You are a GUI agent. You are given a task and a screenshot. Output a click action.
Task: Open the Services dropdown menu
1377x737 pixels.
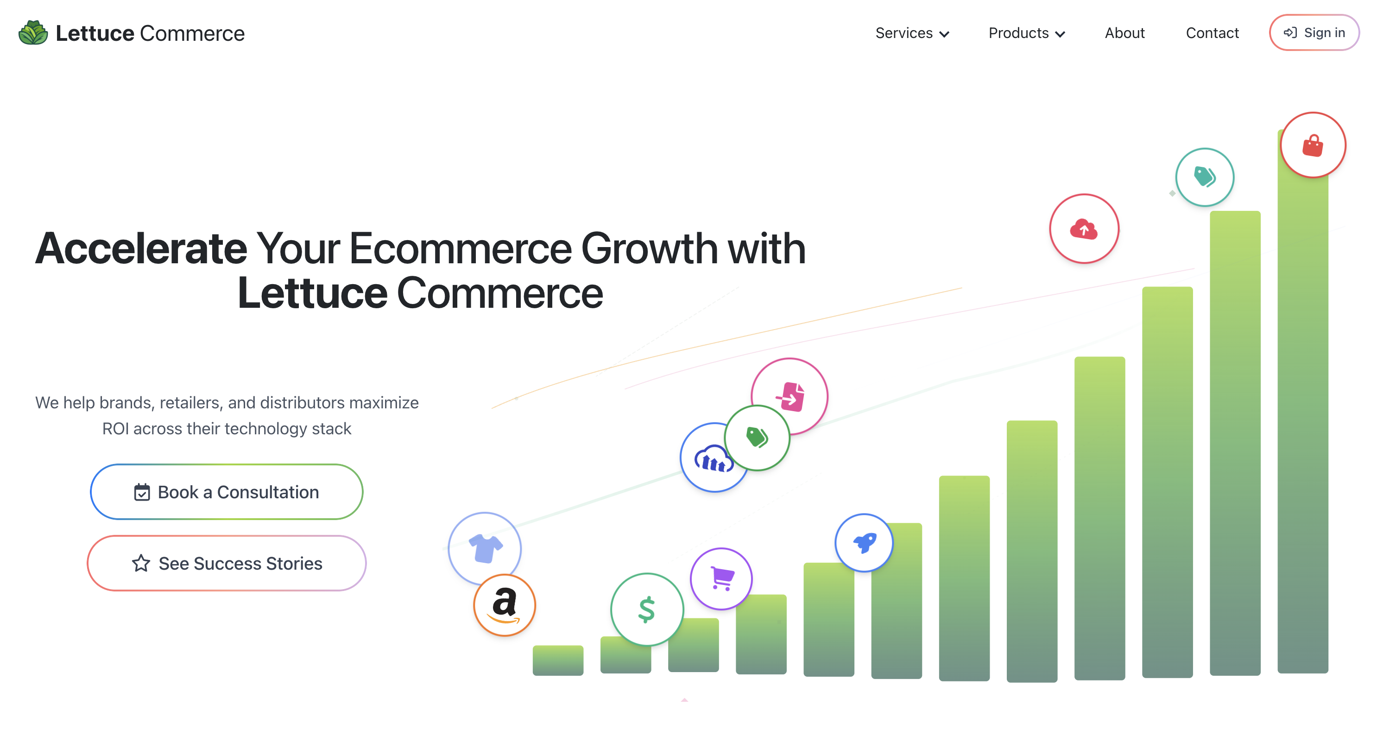tap(911, 33)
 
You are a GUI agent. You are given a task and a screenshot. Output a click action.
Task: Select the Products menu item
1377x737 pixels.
tap(1026, 33)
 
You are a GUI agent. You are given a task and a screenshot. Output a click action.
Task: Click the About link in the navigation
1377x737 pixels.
tap(1124, 33)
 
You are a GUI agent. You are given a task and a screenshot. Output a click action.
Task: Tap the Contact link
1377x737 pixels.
tap(1212, 33)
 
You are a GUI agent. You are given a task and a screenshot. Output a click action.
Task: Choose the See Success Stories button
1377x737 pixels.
tap(227, 563)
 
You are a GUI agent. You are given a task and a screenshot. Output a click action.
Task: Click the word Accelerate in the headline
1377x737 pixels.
tap(141, 249)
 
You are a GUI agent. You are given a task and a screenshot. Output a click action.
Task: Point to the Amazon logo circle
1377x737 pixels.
tap(504, 605)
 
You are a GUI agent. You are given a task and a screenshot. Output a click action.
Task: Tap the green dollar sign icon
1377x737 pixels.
tap(647, 609)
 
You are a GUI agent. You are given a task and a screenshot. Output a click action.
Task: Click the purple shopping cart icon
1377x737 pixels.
tap(722, 578)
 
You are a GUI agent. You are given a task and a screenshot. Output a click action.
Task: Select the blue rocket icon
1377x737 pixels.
tap(864, 543)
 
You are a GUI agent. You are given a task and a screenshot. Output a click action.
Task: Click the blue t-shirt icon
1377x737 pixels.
tap(485, 548)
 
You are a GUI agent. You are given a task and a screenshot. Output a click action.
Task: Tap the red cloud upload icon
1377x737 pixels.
tap(1084, 229)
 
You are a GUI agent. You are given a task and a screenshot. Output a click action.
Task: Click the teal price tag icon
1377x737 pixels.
tap(1204, 177)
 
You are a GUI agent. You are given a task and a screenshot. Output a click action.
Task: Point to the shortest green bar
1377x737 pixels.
tap(557, 661)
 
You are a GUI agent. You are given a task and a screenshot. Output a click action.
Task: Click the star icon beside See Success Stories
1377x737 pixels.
tap(141, 563)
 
